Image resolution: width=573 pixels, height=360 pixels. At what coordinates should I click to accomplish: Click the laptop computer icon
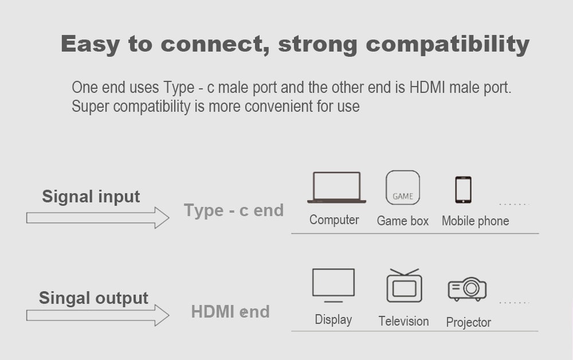point(336,187)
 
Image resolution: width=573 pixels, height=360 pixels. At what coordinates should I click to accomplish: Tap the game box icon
point(403,188)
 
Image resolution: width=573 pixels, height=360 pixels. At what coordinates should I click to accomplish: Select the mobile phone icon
point(463,190)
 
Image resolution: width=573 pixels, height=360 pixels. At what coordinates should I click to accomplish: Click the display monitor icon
point(333,285)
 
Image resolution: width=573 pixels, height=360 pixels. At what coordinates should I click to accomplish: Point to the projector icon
point(468,289)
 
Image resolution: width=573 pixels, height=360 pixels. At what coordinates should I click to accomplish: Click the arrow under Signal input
point(97,218)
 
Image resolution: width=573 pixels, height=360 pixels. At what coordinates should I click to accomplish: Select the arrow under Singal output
point(97,315)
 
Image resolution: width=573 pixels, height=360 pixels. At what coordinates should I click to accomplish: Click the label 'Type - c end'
point(234,210)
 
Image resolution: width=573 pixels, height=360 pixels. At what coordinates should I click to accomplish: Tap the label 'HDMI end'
point(230,312)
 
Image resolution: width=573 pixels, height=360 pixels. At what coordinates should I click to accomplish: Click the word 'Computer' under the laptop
point(334,220)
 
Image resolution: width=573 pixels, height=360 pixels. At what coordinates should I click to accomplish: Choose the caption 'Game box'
point(403,221)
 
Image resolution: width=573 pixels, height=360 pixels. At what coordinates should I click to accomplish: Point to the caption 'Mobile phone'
point(475,221)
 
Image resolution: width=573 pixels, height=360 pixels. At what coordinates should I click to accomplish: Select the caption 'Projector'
point(468,323)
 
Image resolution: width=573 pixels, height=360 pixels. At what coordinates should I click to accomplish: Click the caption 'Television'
point(403,322)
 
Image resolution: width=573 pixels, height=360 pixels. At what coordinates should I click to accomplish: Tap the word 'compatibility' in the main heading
point(448,44)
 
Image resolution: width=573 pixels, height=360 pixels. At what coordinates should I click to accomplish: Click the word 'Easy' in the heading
point(91,44)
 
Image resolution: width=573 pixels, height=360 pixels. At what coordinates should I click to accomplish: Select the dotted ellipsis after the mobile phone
point(513,204)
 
